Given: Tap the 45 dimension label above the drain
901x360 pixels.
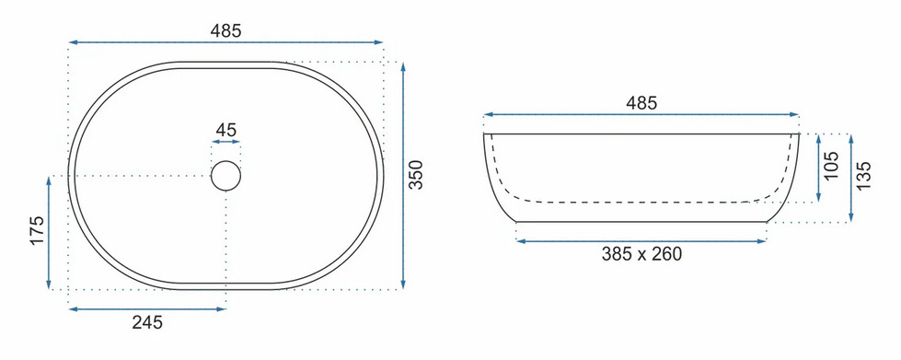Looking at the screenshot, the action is pyautogui.click(x=225, y=131).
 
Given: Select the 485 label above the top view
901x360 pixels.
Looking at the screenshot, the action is pyautogui.click(x=225, y=31).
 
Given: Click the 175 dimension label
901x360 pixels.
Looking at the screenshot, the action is pyautogui.click(x=38, y=230).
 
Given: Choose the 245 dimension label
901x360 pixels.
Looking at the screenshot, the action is pyautogui.click(x=147, y=322).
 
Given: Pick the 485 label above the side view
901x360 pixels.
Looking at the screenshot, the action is pyautogui.click(x=641, y=103).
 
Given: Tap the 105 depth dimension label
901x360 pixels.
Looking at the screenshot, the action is pyautogui.click(x=831, y=167).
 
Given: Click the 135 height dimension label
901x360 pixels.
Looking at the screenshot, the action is pyautogui.click(x=863, y=175).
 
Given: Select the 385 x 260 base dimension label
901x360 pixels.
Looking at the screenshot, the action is pyautogui.click(x=641, y=253).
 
